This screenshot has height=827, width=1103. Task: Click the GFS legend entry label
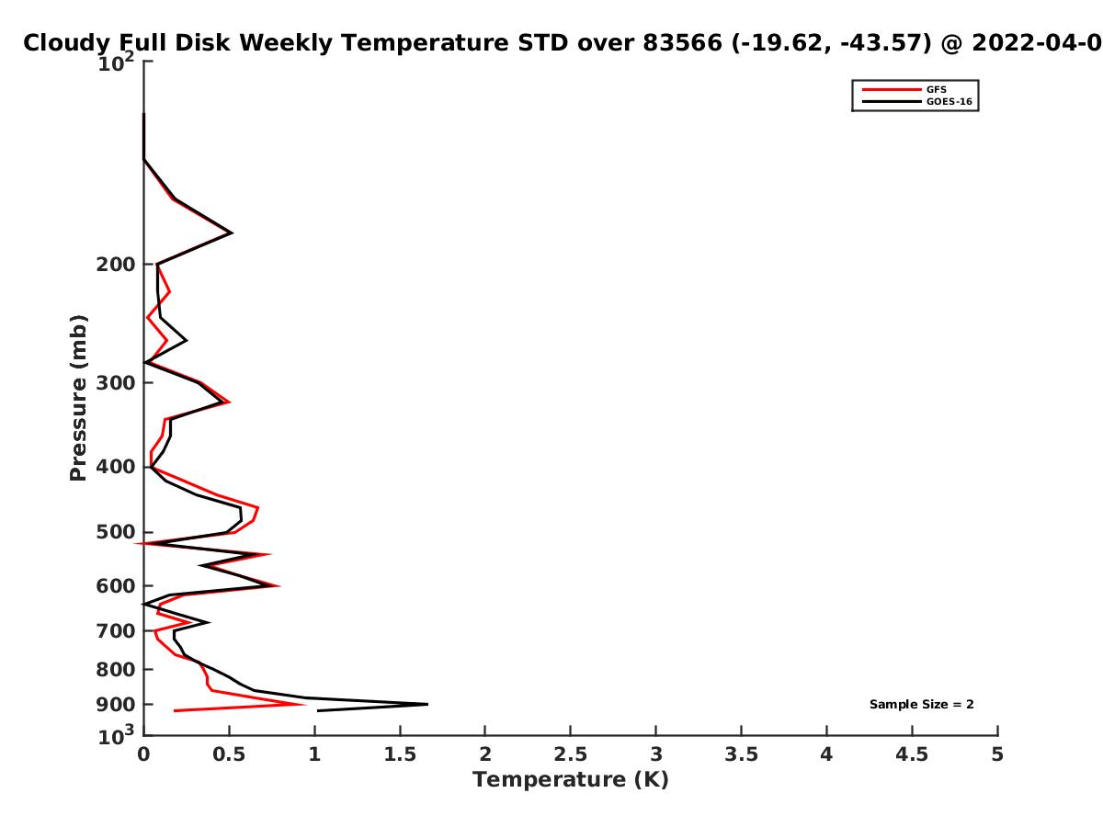936,90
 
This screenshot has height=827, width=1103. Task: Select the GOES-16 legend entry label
949,102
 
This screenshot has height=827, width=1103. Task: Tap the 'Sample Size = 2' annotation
921,705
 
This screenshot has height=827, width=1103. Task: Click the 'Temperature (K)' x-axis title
571,779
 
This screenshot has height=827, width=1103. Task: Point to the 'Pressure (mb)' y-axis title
78,398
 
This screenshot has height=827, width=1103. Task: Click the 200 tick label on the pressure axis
116,265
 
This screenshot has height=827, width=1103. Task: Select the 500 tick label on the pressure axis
116,532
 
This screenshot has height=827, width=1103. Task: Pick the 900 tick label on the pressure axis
116,705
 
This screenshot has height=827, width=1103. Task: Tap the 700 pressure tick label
116,631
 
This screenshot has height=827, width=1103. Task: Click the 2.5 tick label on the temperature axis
571,754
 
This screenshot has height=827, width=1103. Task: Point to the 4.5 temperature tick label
912,754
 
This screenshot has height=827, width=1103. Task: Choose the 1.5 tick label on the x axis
400,754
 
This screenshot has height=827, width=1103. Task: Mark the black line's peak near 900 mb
427,704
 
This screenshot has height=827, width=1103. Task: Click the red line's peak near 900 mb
305,704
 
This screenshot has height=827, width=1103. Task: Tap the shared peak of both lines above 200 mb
233,232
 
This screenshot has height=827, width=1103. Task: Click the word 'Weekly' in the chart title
286,43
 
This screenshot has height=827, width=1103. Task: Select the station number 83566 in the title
682,42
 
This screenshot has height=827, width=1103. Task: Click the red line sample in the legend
892,90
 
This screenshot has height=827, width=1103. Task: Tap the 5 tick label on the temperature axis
997,754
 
